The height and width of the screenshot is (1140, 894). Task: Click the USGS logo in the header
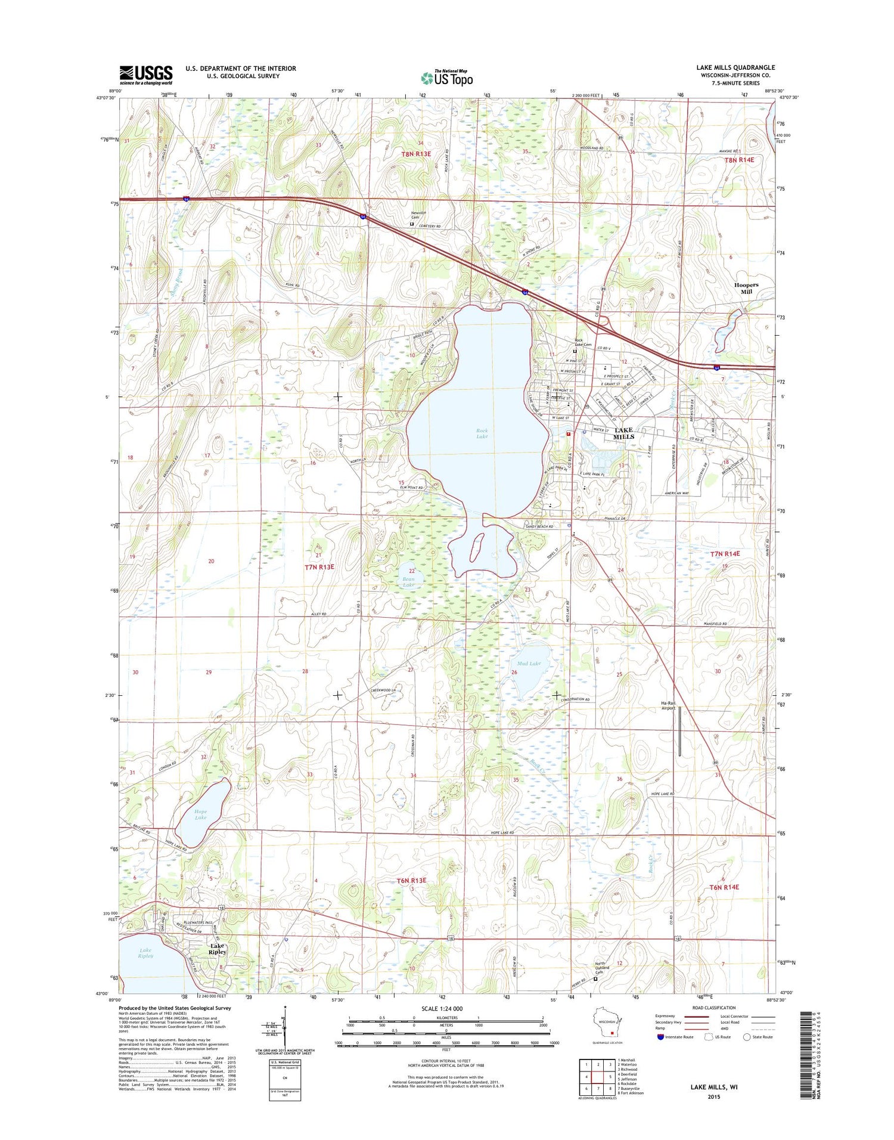click(x=146, y=75)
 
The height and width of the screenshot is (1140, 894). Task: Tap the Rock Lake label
click(x=482, y=433)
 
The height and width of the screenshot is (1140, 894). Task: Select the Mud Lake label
click(x=529, y=664)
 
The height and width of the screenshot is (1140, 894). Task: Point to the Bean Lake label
click(x=408, y=582)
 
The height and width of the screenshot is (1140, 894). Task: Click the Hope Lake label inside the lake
click(x=200, y=814)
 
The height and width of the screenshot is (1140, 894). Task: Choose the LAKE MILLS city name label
click(x=623, y=433)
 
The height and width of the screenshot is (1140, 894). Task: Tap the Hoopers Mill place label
click(x=746, y=289)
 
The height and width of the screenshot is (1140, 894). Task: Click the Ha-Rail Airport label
click(x=668, y=705)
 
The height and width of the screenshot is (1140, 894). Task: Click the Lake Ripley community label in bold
click(x=217, y=949)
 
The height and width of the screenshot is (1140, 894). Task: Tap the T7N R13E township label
click(x=319, y=567)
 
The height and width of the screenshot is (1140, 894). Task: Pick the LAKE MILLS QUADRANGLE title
click(x=735, y=67)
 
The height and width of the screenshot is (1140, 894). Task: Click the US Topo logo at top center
click(x=446, y=78)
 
